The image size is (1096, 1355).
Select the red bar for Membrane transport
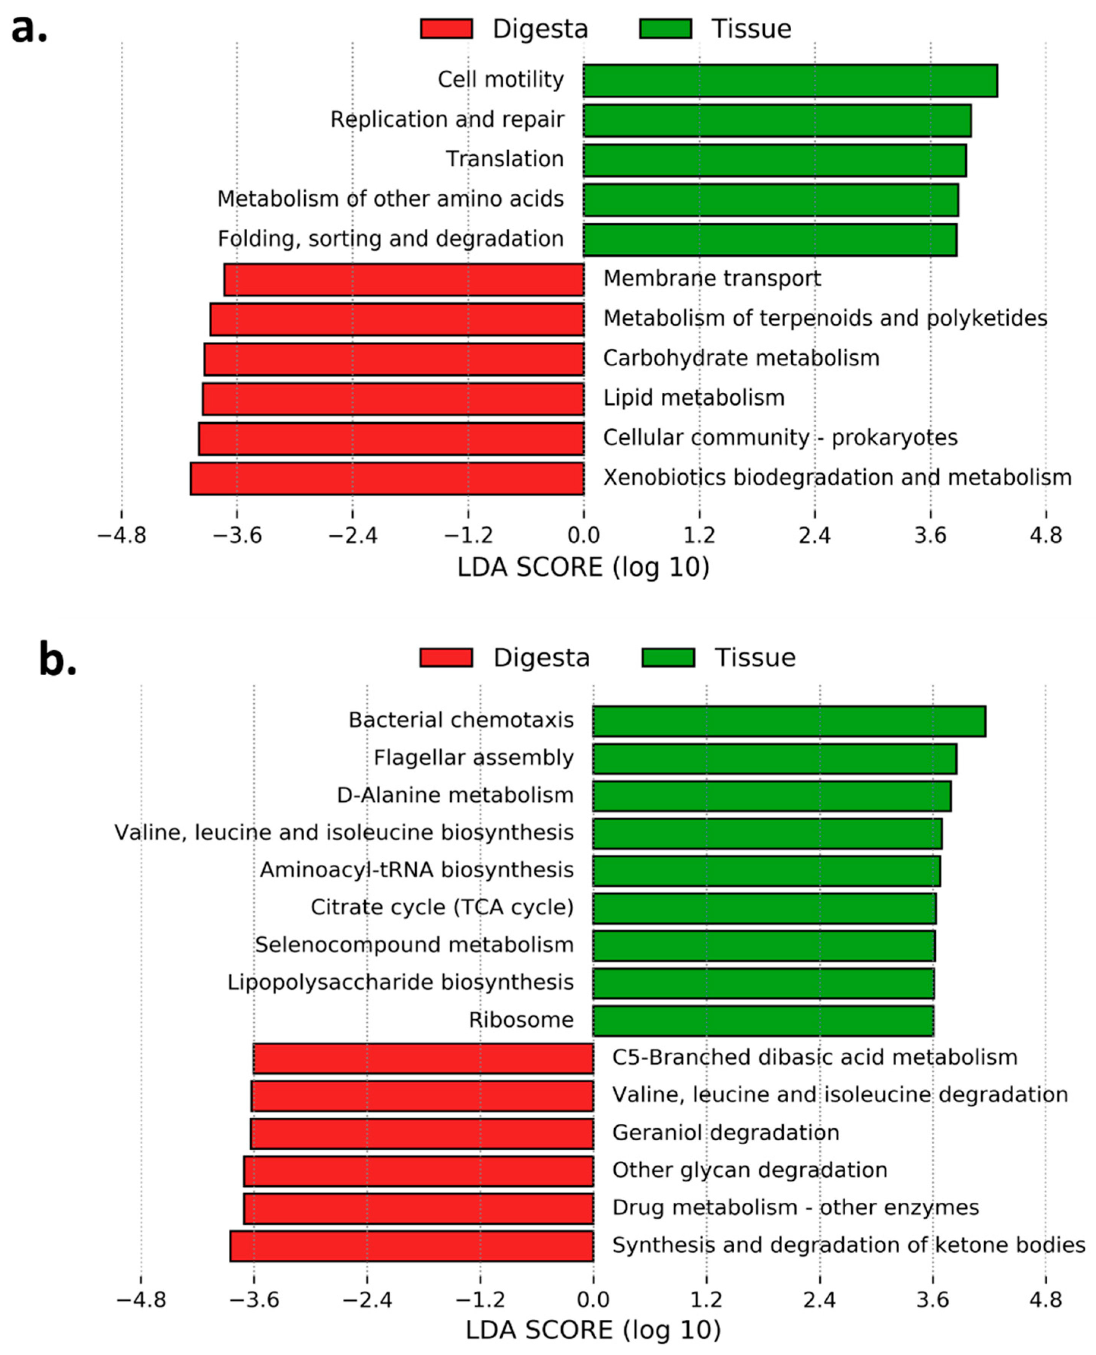pos(404,280)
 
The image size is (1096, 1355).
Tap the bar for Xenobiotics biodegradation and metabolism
pos(387,479)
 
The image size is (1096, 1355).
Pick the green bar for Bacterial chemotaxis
pos(789,721)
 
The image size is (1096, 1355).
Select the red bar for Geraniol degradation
pos(422,1134)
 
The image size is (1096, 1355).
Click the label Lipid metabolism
pos(693,398)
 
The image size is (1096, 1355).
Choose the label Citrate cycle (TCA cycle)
pos(442,908)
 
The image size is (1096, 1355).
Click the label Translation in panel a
pos(505,159)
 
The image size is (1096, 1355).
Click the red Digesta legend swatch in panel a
pos(446,29)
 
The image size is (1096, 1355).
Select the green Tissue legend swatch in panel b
pos(668,658)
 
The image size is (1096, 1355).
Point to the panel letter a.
pos(28,28)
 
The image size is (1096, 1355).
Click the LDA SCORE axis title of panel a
pos(584,567)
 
